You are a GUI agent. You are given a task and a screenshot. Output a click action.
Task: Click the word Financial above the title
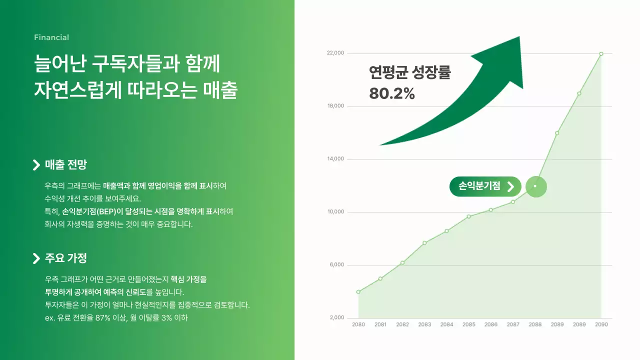point(51,37)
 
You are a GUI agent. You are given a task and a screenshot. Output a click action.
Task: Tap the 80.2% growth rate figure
point(392,93)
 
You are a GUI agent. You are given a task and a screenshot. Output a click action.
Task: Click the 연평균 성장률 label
point(410,73)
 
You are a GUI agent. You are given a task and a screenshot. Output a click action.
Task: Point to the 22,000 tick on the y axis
point(335,53)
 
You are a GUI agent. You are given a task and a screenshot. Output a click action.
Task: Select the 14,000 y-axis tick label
point(335,159)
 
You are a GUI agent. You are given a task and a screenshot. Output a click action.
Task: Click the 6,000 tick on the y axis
point(337,265)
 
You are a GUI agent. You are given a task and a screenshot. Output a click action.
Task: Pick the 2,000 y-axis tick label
point(337,318)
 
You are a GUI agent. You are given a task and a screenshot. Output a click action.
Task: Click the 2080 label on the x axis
point(358,324)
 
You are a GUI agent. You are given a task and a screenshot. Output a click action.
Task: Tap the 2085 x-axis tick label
point(469,324)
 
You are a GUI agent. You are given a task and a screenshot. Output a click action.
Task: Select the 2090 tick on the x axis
point(601,324)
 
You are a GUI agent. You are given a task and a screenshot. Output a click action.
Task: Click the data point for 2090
point(601,53)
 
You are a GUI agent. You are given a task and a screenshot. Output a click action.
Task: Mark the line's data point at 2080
point(358,291)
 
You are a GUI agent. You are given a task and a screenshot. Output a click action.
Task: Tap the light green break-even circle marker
point(536,186)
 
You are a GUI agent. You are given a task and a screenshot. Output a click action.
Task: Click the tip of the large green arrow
point(519,37)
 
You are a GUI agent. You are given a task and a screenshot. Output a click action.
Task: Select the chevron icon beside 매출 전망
point(36,165)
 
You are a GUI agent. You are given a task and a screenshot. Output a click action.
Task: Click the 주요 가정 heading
point(66,258)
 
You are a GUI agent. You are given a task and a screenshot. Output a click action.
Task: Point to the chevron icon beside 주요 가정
point(36,258)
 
